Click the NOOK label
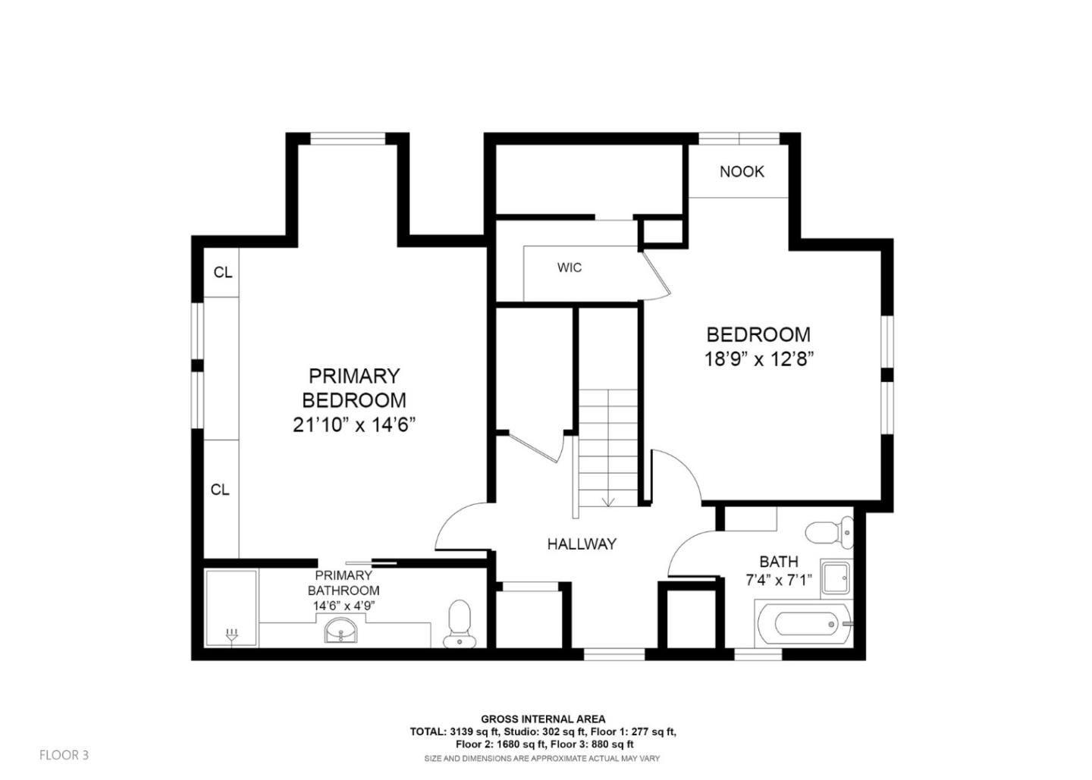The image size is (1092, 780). (742, 171)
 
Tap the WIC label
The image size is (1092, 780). (570, 268)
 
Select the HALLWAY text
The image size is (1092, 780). (582, 543)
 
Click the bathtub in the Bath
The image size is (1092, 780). (803, 623)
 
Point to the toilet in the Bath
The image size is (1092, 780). (830, 532)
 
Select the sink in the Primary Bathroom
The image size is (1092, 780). (340, 630)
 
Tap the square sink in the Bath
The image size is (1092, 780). (836, 578)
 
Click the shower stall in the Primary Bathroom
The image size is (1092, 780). (231, 609)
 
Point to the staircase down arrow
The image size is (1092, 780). (608, 502)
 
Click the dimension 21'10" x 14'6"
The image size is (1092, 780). (354, 424)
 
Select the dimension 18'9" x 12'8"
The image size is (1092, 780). (759, 359)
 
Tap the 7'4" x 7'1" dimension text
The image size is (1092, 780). (779, 580)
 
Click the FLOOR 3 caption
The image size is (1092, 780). (64, 755)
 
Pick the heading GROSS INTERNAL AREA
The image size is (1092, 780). (543, 719)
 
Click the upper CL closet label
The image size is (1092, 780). (223, 273)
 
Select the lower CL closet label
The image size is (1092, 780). (220, 490)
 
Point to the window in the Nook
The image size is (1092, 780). (739, 139)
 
